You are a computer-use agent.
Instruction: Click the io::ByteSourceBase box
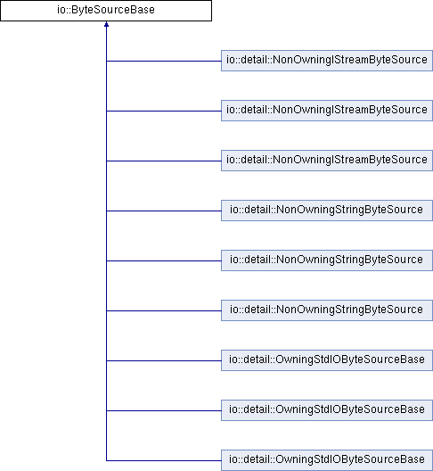(x=106, y=11)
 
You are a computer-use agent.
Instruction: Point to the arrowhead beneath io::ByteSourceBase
(x=106, y=24)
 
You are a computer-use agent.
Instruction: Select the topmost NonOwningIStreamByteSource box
(x=327, y=61)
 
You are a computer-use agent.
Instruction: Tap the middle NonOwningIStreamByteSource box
(x=327, y=111)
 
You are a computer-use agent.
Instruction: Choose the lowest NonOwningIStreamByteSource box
(x=327, y=161)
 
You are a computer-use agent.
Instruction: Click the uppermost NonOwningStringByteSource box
(x=327, y=211)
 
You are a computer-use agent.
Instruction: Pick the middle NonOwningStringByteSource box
(x=327, y=260)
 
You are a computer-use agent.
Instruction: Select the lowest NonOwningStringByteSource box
(x=327, y=310)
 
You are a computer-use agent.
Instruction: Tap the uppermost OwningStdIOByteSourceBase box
(x=327, y=360)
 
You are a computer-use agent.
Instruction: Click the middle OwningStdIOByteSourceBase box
(x=327, y=410)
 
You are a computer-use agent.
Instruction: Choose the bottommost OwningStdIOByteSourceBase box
(x=327, y=460)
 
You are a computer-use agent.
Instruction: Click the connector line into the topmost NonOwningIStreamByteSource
(x=164, y=61)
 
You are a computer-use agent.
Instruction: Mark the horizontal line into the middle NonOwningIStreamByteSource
(x=164, y=111)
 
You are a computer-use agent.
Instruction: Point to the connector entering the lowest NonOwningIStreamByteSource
(x=164, y=161)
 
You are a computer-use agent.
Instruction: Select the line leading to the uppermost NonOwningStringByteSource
(x=164, y=211)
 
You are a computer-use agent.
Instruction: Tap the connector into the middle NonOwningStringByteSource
(x=164, y=260)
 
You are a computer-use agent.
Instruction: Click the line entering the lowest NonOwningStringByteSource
(x=164, y=310)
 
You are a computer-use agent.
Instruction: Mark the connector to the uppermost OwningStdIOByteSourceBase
(x=164, y=360)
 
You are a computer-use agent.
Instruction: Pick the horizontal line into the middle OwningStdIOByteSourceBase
(x=164, y=410)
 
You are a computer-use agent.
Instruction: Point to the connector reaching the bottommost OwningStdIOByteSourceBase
(x=164, y=460)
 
